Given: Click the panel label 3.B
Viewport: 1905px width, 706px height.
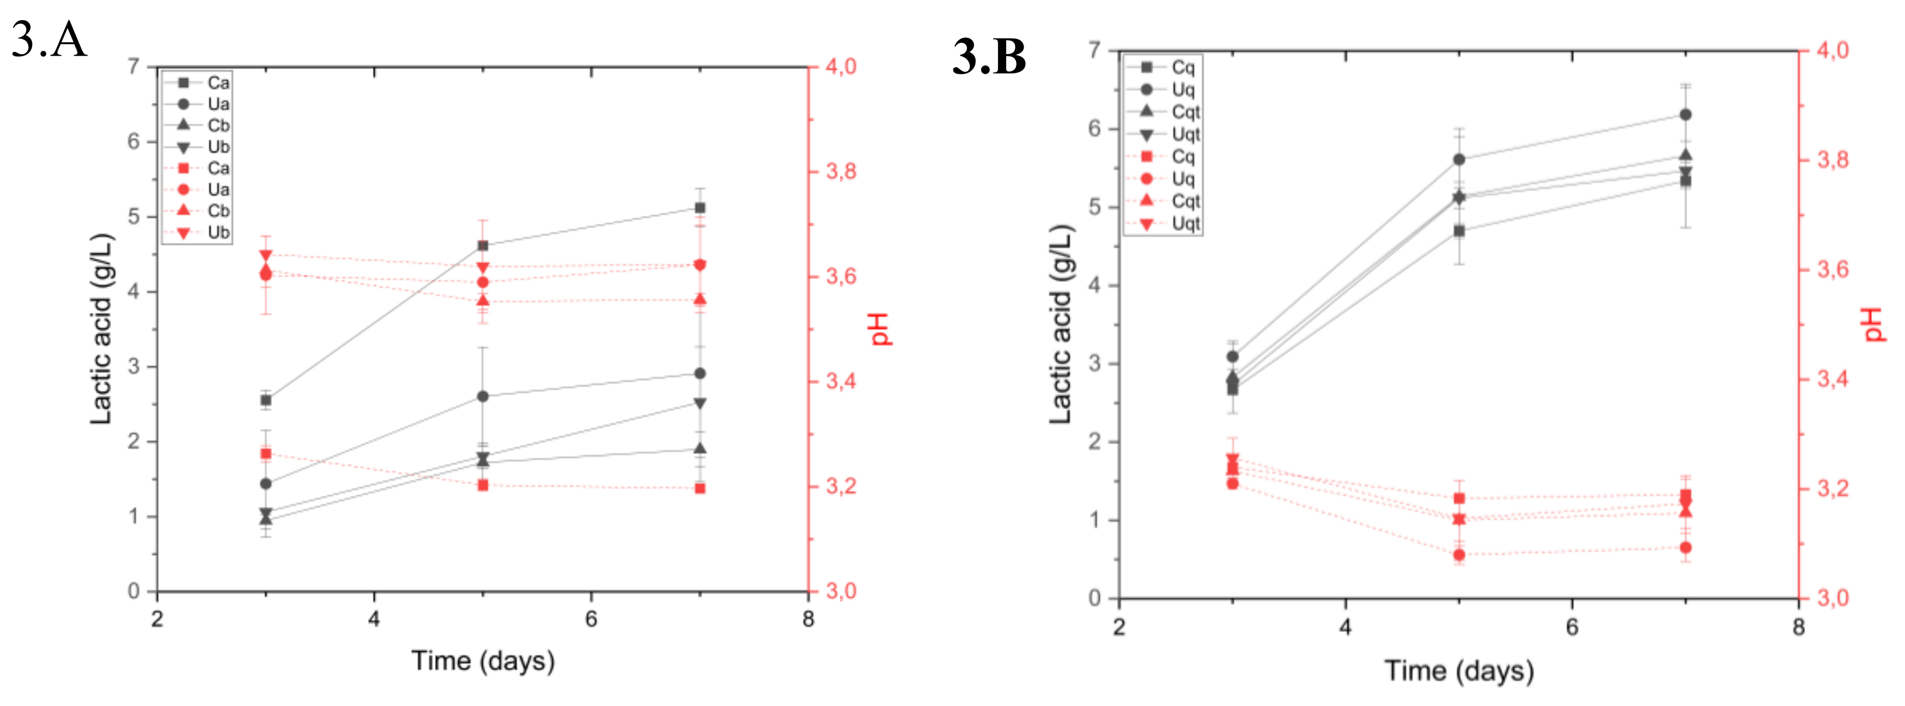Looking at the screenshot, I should (x=989, y=57).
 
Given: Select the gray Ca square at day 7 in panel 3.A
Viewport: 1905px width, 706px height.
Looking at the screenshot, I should (x=700, y=208).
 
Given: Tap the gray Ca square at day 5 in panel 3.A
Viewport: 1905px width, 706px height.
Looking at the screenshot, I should (x=483, y=245).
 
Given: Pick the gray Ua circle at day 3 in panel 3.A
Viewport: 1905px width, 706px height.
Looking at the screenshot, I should (x=266, y=483).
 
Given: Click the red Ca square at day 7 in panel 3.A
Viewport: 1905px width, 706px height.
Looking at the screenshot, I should (x=700, y=488).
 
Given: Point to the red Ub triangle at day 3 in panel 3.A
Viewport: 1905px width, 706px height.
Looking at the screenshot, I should (x=266, y=255).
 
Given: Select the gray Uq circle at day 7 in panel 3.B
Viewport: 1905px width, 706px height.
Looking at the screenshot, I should (x=1685, y=114).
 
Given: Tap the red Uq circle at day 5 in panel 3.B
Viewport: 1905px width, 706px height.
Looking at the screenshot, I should (x=1459, y=554).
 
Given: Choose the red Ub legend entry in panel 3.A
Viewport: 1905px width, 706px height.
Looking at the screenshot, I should (x=198, y=233).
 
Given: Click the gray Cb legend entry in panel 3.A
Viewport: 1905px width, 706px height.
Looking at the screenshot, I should (x=198, y=126).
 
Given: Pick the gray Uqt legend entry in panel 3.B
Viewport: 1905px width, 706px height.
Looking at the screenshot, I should (x=1165, y=135).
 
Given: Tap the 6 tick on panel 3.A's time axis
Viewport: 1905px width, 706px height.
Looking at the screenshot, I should (x=591, y=619).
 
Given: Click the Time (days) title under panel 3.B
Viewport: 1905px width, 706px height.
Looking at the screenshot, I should (x=1458, y=671).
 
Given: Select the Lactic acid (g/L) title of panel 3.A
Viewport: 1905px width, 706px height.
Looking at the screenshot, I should (x=101, y=329).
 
